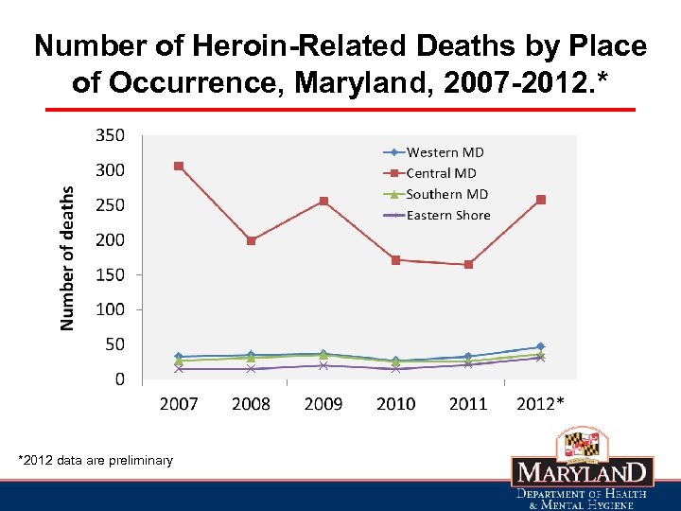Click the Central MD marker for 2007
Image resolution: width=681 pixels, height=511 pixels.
coord(179,167)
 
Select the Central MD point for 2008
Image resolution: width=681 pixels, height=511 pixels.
coord(251,240)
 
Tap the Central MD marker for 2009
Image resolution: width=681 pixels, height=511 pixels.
coord(323,201)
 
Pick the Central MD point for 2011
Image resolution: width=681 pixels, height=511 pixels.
coord(468,265)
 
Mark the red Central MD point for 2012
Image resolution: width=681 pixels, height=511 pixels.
coord(541,200)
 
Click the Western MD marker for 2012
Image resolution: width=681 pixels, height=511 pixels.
coord(541,346)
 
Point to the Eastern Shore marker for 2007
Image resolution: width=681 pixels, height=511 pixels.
coord(179,369)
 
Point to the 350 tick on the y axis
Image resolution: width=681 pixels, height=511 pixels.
coord(110,135)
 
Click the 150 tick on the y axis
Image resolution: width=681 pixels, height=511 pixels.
coord(110,274)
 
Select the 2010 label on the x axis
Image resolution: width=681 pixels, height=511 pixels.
coord(395,404)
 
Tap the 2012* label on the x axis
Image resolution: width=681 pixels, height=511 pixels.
coord(541,404)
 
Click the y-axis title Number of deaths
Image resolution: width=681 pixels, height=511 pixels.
coord(67,257)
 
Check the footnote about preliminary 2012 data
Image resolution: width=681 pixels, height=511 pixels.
coord(96,461)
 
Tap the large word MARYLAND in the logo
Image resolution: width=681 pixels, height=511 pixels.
coord(582,473)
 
